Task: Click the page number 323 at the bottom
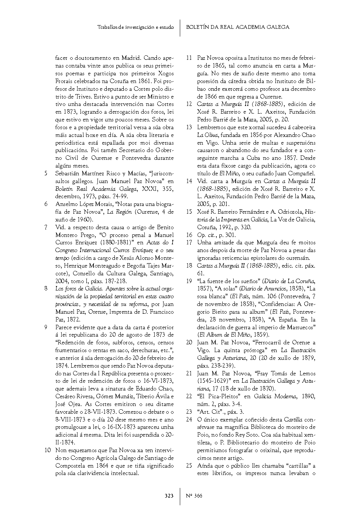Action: tap(169, 496)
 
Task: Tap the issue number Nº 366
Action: tap(194, 496)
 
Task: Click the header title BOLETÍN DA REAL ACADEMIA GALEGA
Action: tap(238, 27)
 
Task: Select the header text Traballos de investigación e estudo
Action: tap(136, 27)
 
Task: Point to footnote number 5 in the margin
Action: tap(46, 173)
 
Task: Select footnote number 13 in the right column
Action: tap(189, 127)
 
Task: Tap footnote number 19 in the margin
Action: tap(189, 281)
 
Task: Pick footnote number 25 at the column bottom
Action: tap(189, 466)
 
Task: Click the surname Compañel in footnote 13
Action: tap(302, 173)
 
